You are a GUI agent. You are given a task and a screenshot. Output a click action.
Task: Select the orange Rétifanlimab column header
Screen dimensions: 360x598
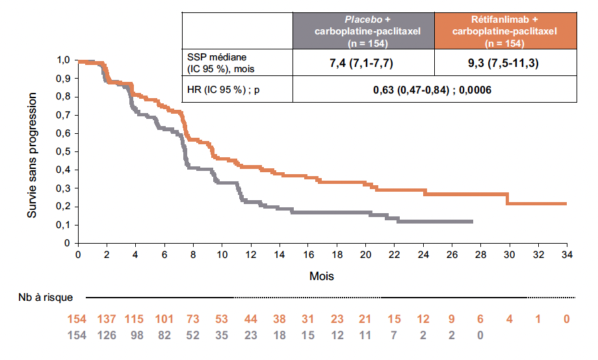[505, 31]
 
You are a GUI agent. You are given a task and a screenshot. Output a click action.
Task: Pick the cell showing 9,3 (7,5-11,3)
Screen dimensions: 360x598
[505, 63]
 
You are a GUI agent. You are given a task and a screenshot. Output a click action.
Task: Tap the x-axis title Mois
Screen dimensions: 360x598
[322, 276]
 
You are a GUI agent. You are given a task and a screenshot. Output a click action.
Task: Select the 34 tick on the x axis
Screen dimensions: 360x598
[566, 254]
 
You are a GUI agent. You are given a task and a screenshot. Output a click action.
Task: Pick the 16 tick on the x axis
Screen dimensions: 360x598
[308, 254]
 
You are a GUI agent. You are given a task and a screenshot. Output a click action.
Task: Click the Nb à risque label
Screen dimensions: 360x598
[45, 298]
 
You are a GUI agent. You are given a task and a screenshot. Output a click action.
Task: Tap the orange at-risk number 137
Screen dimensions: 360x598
[107, 320]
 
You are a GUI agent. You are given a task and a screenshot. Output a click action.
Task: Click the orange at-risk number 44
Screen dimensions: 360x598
[250, 320]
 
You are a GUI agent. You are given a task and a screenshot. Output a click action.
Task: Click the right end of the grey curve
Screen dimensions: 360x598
[473, 222]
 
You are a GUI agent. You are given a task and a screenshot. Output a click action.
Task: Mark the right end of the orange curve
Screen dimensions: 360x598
[566, 203]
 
